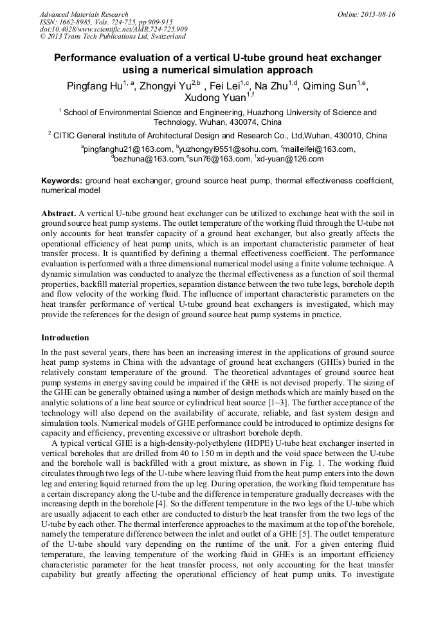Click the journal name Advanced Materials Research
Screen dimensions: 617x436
click(x=84, y=14)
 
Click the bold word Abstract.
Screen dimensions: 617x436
click(x=59, y=213)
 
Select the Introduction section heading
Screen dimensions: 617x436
click(x=65, y=338)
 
